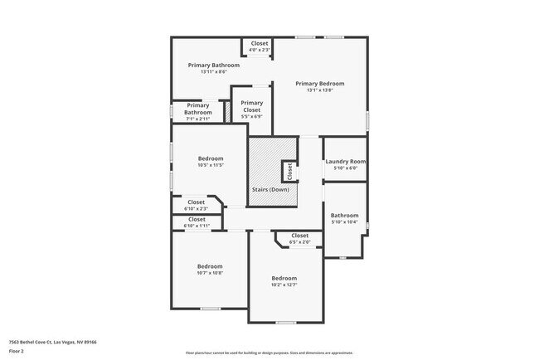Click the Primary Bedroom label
click(x=319, y=84)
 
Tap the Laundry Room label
click(x=345, y=162)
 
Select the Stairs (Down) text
click(x=270, y=190)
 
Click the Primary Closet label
click(x=251, y=106)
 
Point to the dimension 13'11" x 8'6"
click(x=213, y=71)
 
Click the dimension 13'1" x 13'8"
click(x=319, y=90)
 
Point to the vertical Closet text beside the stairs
click(x=289, y=171)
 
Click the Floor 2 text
click(x=17, y=351)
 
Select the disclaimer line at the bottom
click(x=269, y=353)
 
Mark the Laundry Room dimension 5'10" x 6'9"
click(x=345, y=168)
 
